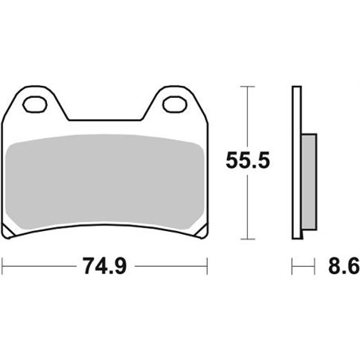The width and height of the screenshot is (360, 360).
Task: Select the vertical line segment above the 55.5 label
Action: [x=250, y=115]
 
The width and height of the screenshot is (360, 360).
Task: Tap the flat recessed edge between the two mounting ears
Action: [x=104, y=120]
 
